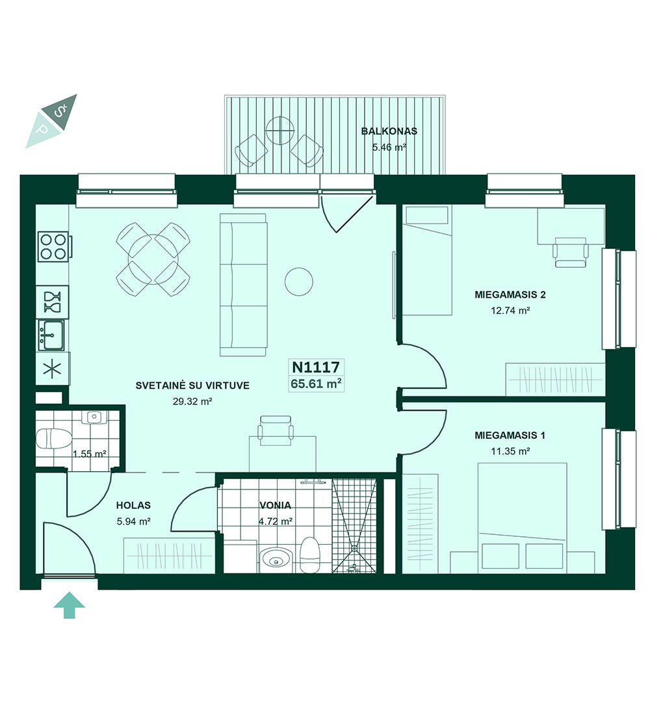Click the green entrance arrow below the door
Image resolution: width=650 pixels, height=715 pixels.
click(x=70, y=605)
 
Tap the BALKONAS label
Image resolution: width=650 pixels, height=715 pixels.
click(x=389, y=131)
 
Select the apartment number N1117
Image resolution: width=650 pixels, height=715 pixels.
click(x=316, y=367)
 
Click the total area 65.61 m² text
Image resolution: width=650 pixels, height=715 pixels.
click(x=317, y=383)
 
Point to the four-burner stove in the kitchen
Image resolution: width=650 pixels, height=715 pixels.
click(x=53, y=246)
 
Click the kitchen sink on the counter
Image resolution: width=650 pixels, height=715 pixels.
click(x=51, y=335)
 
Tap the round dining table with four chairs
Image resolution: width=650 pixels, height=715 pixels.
click(x=153, y=259)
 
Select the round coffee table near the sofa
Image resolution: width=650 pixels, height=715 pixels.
click(x=299, y=281)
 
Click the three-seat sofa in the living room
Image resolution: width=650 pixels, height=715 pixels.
click(x=244, y=285)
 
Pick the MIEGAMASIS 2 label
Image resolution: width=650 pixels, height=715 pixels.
click(x=510, y=294)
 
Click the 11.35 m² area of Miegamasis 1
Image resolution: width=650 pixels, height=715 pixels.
click(x=510, y=452)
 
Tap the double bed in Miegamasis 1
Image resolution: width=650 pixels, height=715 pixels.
click(x=523, y=517)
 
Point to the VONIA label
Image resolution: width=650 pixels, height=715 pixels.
click(x=275, y=505)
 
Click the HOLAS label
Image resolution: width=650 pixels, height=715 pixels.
click(x=133, y=505)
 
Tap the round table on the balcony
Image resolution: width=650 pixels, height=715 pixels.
click(x=279, y=131)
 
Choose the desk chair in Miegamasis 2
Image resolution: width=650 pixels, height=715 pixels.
click(x=570, y=252)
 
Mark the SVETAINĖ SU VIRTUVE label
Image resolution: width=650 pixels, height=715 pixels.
click(x=192, y=385)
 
